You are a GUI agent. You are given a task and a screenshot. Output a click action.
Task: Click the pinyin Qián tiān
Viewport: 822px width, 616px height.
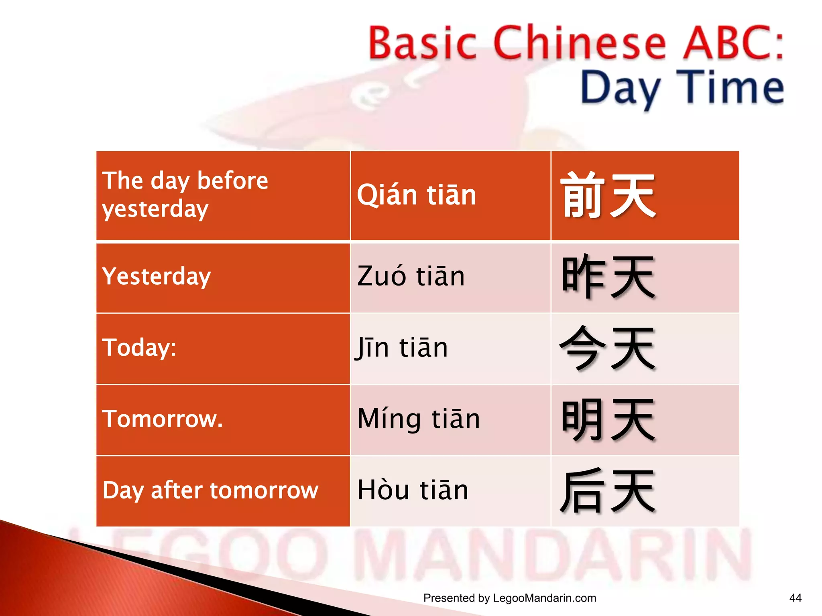[416, 195]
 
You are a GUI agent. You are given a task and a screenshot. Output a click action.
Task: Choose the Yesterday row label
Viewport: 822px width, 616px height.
[157, 276]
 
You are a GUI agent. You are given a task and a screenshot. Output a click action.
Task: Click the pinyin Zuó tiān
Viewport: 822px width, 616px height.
[411, 276]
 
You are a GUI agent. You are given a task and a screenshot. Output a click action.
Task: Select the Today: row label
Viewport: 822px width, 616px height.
[139, 347]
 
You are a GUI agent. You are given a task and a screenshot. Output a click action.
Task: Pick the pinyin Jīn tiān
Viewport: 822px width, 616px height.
[401, 347]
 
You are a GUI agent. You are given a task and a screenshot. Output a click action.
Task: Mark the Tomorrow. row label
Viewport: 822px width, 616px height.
[162, 419]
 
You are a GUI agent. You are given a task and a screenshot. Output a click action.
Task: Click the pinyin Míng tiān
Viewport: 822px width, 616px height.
[419, 419]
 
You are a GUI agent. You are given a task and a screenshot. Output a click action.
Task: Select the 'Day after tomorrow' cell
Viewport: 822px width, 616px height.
[210, 490]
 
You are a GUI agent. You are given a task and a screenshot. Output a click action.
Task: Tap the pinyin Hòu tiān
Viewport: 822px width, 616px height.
[413, 490]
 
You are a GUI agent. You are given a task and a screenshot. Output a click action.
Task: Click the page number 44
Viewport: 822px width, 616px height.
[795, 598]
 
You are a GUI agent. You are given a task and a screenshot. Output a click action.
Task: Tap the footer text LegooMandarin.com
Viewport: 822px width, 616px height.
[544, 598]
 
